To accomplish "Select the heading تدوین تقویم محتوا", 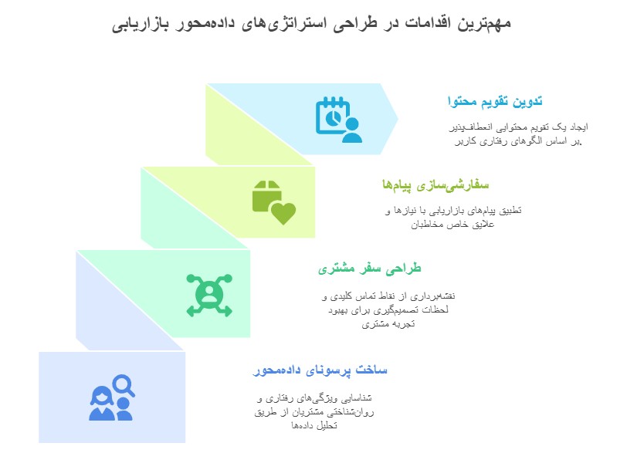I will (495, 102).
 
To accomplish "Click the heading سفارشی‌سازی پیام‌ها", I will (437, 185).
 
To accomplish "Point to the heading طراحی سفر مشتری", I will (370, 269).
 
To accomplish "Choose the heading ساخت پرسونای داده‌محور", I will (320, 371).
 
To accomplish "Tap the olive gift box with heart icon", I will (273, 201).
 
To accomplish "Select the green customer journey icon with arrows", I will (208, 293).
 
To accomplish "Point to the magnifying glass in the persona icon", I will (124, 384).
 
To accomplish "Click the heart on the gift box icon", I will (283, 211).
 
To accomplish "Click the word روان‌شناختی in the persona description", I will (348, 413).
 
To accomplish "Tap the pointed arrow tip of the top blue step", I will (398, 119).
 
